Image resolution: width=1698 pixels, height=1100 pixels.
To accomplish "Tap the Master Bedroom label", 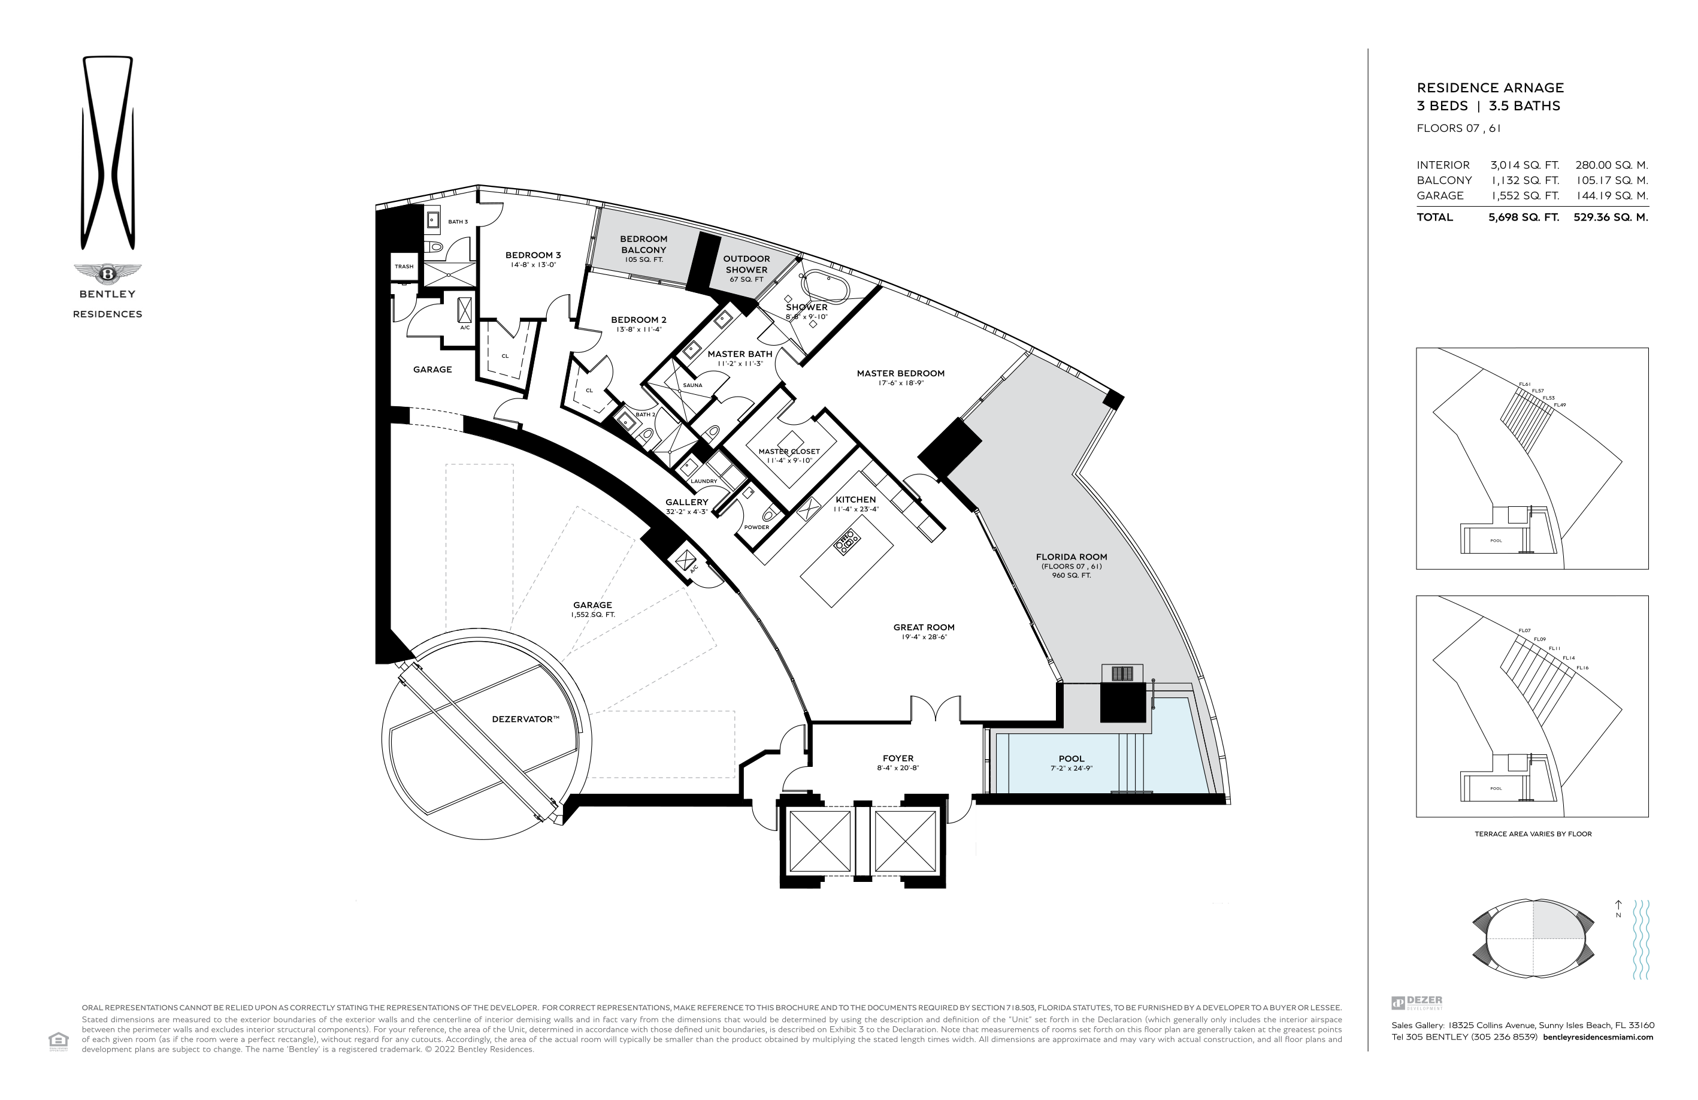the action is (900, 373).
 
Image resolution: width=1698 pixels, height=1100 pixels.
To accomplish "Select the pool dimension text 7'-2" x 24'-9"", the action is (1072, 769).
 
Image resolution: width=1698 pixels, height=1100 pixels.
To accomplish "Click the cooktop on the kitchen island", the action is (847, 543).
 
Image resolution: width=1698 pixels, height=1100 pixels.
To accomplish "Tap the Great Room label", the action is (924, 627).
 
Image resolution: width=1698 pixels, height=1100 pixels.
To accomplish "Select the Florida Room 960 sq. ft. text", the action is (1072, 575).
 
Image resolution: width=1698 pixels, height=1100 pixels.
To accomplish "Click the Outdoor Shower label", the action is (746, 264).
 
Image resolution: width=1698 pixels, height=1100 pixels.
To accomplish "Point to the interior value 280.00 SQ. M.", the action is (1612, 165).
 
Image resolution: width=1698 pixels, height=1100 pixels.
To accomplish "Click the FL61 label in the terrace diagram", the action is (1525, 385).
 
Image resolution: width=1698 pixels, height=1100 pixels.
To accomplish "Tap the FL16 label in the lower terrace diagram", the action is (1582, 668).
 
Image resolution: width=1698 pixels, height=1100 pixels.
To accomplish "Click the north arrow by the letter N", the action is (1618, 905).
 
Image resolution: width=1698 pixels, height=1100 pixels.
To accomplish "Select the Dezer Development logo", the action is (1417, 1002).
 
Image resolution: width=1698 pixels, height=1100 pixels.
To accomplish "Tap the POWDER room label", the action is (756, 527).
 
